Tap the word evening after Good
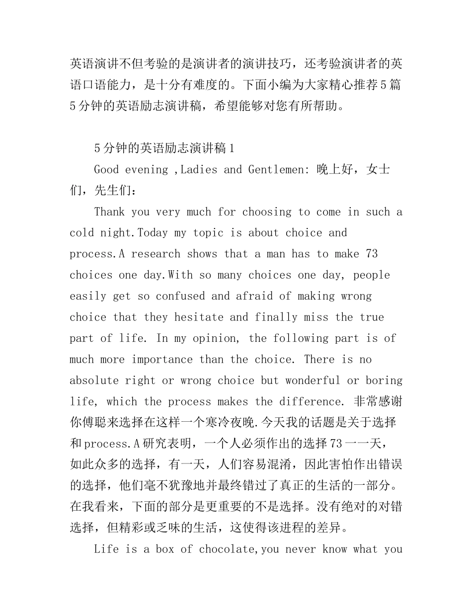[147, 170]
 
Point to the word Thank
[109, 212]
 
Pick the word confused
[180, 297]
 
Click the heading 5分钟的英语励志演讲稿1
[163, 148]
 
